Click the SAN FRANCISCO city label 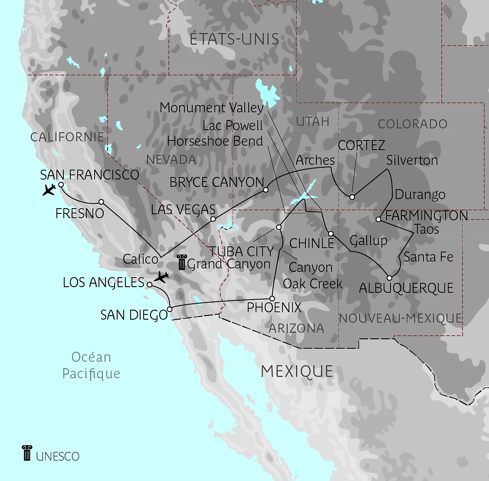(89, 175)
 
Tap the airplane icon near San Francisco (49, 190)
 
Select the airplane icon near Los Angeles (161, 277)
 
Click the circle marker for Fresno (101, 202)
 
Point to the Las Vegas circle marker (213, 219)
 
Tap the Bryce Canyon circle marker (266, 190)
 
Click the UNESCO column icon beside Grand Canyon (182, 262)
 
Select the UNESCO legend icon (27, 453)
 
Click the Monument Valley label (212, 108)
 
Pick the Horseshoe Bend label (215, 141)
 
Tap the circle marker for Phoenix (272, 298)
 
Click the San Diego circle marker (170, 309)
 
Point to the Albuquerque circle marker (390, 278)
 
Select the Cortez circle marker (352, 197)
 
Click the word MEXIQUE (297, 371)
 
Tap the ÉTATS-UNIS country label (234, 39)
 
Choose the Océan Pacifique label (91, 365)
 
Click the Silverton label (412, 160)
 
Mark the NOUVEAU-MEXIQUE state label (400, 318)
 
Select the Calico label (141, 259)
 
